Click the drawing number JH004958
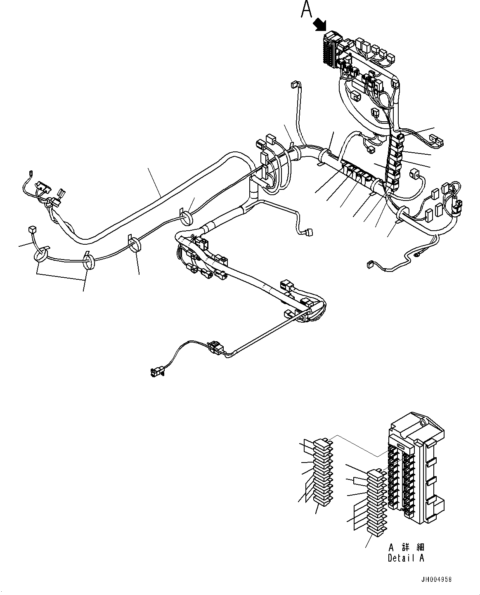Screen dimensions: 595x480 click(x=436, y=579)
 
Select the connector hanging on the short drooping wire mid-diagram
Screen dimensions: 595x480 click(x=308, y=233)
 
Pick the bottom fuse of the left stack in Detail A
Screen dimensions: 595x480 click(x=322, y=501)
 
